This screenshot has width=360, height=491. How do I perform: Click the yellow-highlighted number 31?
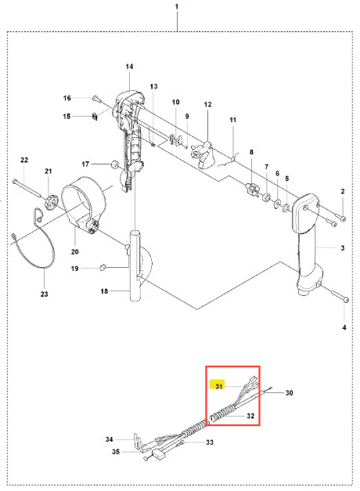[218, 386]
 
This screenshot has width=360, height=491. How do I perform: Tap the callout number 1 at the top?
[177, 6]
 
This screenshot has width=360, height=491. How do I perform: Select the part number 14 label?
[129, 67]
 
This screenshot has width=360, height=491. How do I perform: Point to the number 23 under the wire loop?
[44, 294]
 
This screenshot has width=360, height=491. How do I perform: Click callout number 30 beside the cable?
[289, 392]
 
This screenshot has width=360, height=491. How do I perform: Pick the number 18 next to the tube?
[104, 291]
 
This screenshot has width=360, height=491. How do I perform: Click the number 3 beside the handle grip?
[343, 247]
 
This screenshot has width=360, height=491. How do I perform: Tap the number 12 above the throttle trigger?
[208, 104]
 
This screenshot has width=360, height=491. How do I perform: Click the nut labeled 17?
[115, 164]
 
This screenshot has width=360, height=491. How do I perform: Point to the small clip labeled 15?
[95, 117]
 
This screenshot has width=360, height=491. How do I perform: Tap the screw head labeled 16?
[95, 99]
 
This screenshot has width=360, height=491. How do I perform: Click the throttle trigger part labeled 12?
[203, 154]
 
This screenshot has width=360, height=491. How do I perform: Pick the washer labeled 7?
[267, 197]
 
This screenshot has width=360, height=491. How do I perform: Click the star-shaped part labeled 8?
[252, 189]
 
